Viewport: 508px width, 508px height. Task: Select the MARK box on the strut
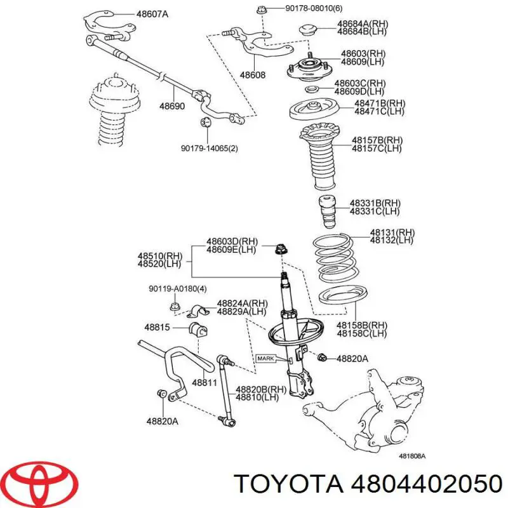[x=265, y=359]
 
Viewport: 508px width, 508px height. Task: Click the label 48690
[x=171, y=106]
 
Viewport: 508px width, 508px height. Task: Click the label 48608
[x=252, y=74]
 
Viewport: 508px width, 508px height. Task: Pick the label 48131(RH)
[x=392, y=232]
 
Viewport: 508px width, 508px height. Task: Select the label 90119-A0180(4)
[x=178, y=289]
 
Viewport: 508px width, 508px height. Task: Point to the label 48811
[x=204, y=382]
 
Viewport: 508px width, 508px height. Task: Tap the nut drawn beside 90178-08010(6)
[x=262, y=10]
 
